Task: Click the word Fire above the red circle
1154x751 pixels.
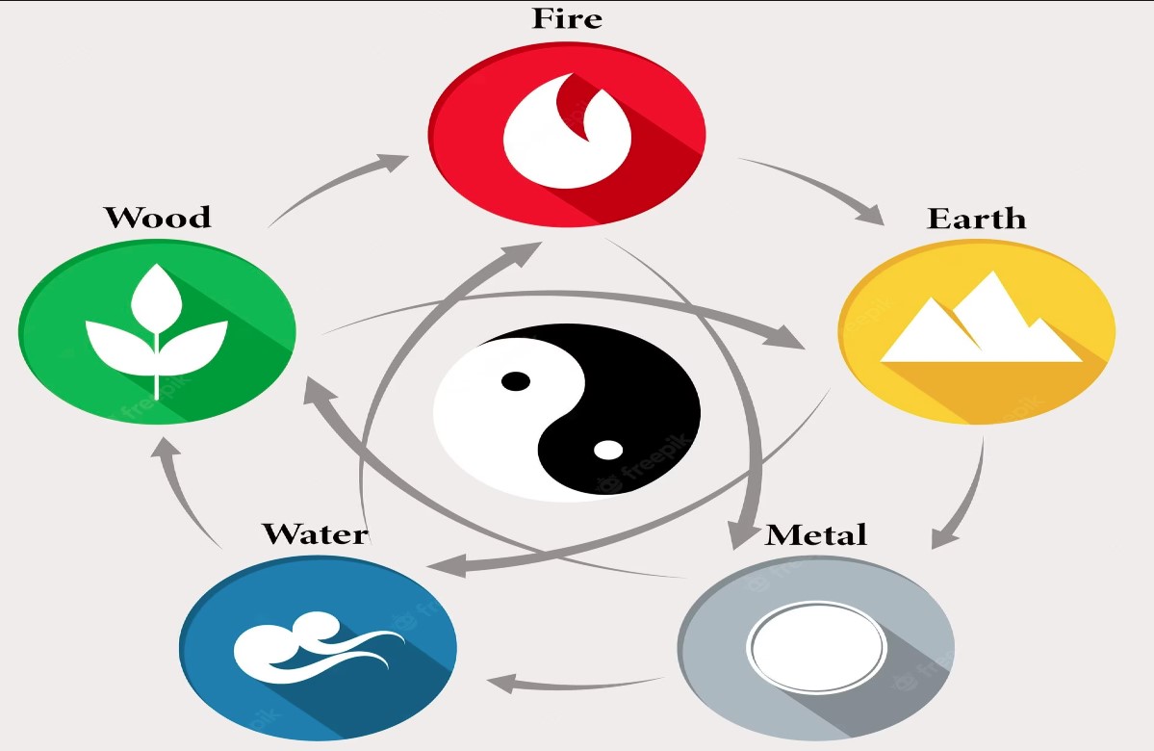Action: pyautogui.click(x=566, y=19)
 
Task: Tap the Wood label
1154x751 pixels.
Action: pyautogui.click(x=158, y=217)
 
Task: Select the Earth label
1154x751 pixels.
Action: pyautogui.click(x=976, y=219)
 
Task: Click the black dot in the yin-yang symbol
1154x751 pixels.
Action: pyautogui.click(x=517, y=380)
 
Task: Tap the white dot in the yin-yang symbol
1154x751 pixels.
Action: pyautogui.click(x=607, y=449)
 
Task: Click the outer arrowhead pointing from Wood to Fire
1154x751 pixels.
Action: pyautogui.click(x=394, y=159)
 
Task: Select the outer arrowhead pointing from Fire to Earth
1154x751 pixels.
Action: pyautogui.click(x=870, y=213)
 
